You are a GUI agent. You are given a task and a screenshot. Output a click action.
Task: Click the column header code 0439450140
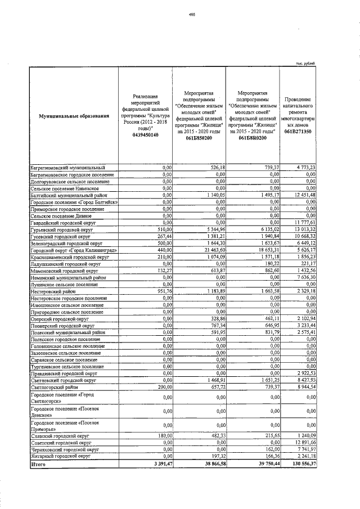tap(146, 135)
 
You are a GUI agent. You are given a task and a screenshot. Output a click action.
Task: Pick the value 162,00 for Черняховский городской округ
tap(271, 450)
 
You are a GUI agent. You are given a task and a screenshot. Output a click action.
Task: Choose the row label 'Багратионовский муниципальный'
tap(67, 167)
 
